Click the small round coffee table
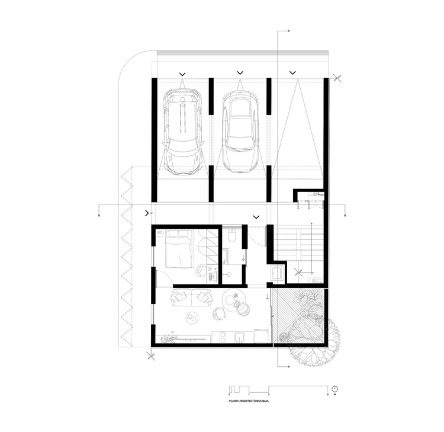click(x=191, y=318)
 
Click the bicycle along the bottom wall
click(x=169, y=338)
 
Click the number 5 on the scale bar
click(x=328, y=395)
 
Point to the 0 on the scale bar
click(x=230, y=395)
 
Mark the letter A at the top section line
click(x=288, y=30)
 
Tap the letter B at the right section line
click(x=345, y=217)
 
